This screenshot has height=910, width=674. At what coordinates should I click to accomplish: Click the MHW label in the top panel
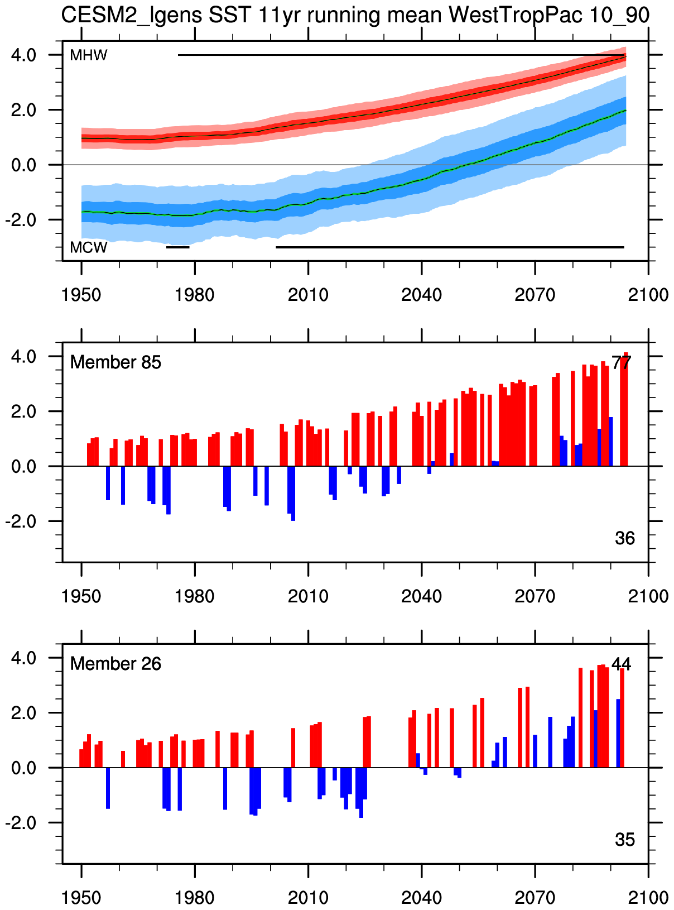88,55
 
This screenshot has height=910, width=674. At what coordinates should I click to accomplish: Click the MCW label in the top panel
88,247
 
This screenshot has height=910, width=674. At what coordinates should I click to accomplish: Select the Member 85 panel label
115,362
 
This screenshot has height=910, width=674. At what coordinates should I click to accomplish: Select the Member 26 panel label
115,664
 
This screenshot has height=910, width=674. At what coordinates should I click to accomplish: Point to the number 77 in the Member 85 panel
621,363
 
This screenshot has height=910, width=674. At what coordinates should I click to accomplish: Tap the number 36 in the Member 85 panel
625,538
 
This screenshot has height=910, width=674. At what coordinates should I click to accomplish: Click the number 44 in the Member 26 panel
621,664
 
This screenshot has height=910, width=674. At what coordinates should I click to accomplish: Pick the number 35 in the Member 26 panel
625,840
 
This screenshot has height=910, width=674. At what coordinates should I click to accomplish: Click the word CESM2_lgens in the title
131,15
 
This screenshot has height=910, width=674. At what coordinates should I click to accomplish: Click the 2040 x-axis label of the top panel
421,294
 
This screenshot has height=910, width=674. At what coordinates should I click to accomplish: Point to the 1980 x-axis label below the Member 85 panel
195,596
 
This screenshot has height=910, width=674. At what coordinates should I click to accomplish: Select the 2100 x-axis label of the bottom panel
648,897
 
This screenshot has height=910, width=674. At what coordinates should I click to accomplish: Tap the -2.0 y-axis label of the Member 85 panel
21,521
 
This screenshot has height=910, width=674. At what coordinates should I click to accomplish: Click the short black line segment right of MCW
178,247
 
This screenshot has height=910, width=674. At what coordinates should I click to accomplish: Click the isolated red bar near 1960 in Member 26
123,759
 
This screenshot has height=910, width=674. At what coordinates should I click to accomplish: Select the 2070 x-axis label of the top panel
535,294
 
